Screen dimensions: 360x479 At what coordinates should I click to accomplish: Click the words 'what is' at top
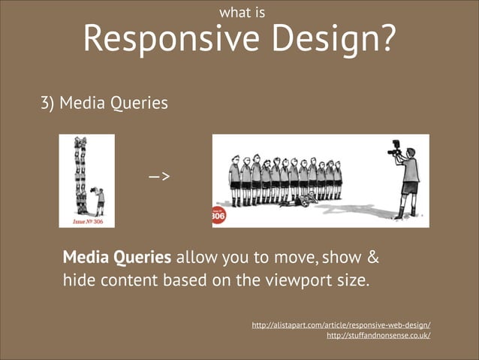click(x=239, y=12)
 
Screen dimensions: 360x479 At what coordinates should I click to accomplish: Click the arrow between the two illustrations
click(x=158, y=177)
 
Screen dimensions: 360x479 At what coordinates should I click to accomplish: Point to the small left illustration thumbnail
click(x=87, y=180)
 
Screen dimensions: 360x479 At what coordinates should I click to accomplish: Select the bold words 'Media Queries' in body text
click(x=117, y=258)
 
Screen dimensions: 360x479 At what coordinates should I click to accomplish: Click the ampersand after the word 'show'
click(x=371, y=258)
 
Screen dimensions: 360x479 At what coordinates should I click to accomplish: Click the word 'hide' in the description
click(x=77, y=282)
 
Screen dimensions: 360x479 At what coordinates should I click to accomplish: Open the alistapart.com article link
click(x=341, y=325)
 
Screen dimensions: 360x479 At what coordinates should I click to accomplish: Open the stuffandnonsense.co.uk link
click(x=379, y=336)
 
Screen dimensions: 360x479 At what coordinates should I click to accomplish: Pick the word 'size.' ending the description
click(x=351, y=282)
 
